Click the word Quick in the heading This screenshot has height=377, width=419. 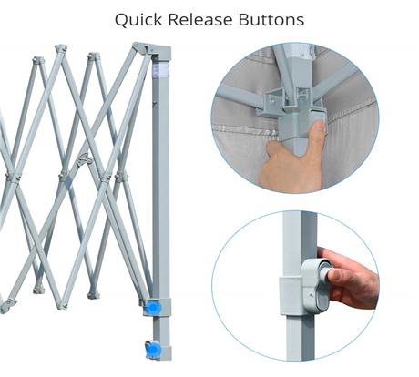coord(138,20)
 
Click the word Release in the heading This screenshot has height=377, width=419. coord(200,19)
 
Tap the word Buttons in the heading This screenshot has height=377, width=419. coord(271,19)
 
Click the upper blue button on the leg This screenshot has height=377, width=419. coord(153,307)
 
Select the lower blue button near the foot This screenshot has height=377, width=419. coord(152,349)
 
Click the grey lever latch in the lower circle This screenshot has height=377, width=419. coord(316,285)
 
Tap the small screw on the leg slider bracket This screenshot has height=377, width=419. coord(311,295)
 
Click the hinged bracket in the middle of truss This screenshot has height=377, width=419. coord(85,159)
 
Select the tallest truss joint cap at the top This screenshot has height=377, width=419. coord(61,48)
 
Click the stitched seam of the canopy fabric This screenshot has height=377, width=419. coord(243,129)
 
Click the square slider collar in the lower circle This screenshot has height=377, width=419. coord(291,296)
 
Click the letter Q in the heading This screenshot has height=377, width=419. coord(122,20)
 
